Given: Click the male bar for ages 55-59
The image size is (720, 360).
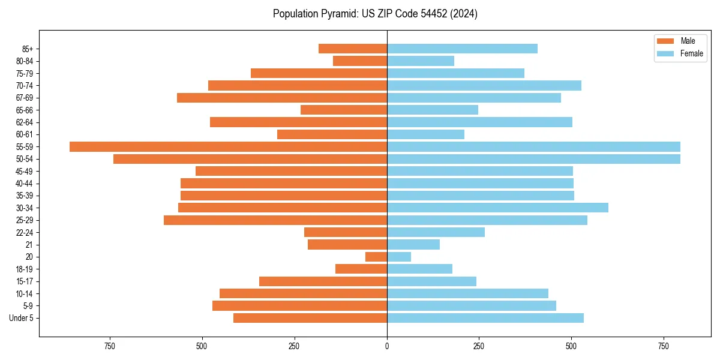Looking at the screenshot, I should [x=228, y=146].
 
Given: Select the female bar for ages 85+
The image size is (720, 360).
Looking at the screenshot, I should [x=462, y=49].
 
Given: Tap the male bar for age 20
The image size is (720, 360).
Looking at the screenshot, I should [x=376, y=257].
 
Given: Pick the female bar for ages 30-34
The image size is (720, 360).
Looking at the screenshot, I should [x=497, y=208].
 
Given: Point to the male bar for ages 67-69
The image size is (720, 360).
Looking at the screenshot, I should [x=282, y=98].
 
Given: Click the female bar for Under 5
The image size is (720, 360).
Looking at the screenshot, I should [x=485, y=318].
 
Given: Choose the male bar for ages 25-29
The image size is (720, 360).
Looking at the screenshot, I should [x=275, y=220].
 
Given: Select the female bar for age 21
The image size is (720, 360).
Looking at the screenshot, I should [x=413, y=244].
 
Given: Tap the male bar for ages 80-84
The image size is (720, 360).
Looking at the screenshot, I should [x=360, y=61].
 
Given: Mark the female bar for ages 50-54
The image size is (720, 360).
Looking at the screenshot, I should [x=533, y=159].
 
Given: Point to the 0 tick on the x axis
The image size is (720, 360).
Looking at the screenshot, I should [x=387, y=346].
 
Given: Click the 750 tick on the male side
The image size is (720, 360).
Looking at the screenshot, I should [x=109, y=346].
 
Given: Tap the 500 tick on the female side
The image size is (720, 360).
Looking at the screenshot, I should [x=572, y=346].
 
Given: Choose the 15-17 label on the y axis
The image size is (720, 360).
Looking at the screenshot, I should [x=24, y=281].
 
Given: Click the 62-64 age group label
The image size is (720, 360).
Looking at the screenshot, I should [x=24, y=122].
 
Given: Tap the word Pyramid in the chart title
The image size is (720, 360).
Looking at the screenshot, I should [x=338, y=14].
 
